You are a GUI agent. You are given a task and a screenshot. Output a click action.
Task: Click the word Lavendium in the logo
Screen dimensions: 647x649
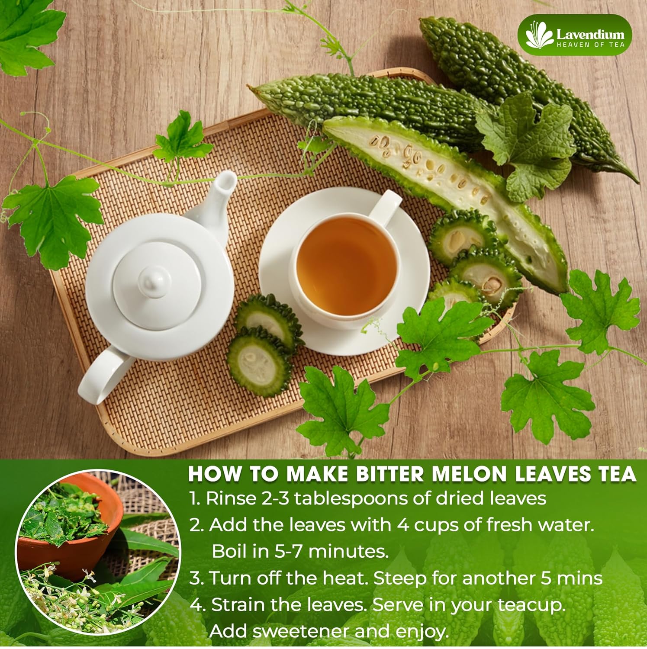pos(590,34)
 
